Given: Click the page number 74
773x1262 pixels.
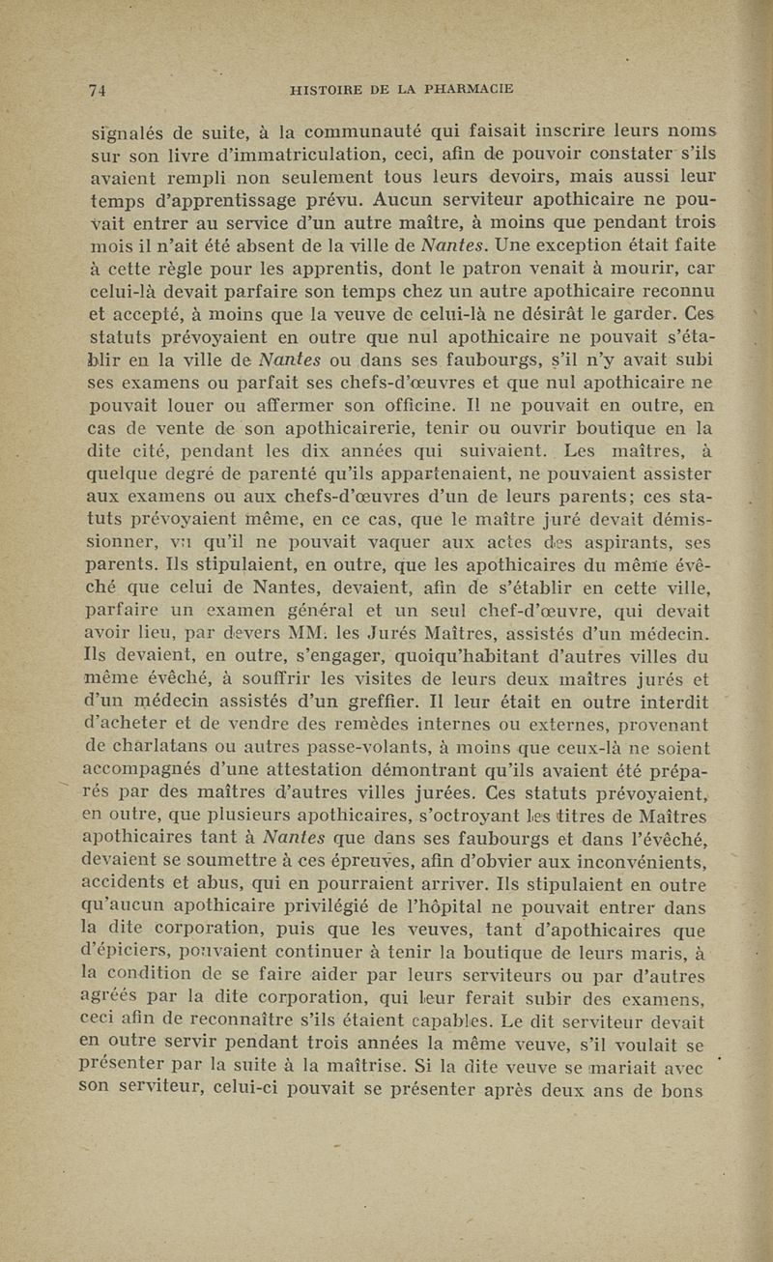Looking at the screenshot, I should [96, 91].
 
